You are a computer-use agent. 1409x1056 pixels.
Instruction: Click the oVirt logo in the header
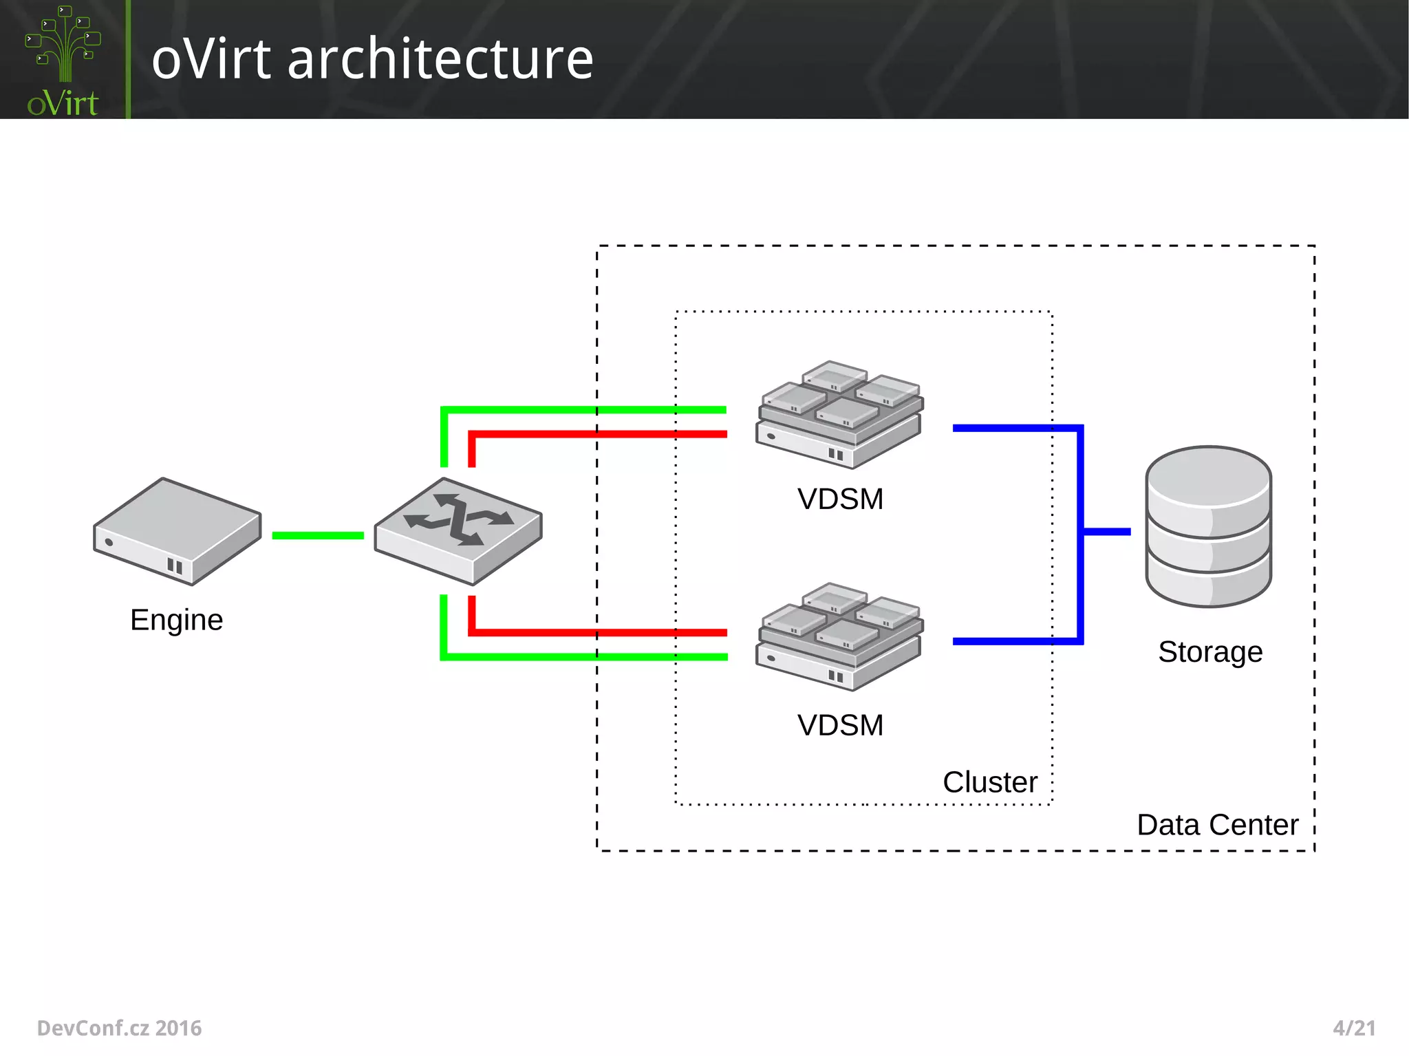pyautogui.click(x=63, y=61)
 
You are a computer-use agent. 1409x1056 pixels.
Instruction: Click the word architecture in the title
pyautogui.click(x=440, y=59)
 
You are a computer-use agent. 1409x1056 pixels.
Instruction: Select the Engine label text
pyautogui.click(x=176, y=620)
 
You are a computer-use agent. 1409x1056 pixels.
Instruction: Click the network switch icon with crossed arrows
pyautogui.click(x=458, y=530)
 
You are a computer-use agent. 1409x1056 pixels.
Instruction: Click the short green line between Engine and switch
pyautogui.click(x=318, y=535)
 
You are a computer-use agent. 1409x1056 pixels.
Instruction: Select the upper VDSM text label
pyautogui.click(x=840, y=499)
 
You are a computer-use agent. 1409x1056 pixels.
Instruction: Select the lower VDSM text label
pyautogui.click(x=840, y=725)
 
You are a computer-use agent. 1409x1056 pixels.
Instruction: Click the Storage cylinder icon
pyautogui.click(x=1208, y=526)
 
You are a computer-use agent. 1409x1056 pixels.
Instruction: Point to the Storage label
pyautogui.click(x=1210, y=651)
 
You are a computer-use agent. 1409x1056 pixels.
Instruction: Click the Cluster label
pyautogui.click(x=989, y=782)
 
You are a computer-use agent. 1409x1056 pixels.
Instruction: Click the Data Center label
pyautogui.click(x=1217, y=824)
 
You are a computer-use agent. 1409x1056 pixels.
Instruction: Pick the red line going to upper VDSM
pyautogui.click(x=599, y=434)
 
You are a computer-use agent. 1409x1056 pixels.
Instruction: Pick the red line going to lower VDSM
pyautogui.click(x=599, y=632)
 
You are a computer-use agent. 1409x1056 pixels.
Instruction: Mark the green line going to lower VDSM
pyautogui.click(x=585, y=657)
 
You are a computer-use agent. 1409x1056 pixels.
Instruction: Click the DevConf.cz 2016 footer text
pyautogui.click(x=119, y=1028)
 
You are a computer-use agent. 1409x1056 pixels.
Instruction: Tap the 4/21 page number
pyautogui.click(x=1353, y=1028)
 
